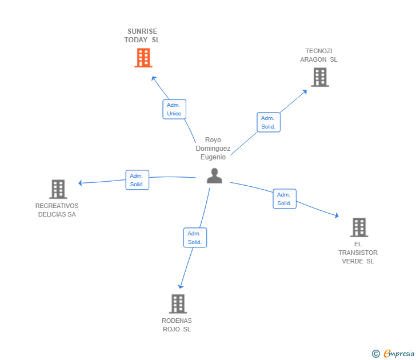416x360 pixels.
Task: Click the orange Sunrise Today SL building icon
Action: tap(143, 57)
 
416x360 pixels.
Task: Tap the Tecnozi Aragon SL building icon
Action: tap(320, 77)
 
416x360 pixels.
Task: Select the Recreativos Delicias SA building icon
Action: tap(58, 189)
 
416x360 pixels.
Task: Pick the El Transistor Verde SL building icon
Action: tap(359, 227)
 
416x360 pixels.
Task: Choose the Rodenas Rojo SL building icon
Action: tap(178, 303)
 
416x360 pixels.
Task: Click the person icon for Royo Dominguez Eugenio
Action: tap(214, 176)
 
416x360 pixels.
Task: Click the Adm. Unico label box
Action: tap(174, 109)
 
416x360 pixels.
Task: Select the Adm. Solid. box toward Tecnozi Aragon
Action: tap(269, 122)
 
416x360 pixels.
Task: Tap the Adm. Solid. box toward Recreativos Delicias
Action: tap(137, 180)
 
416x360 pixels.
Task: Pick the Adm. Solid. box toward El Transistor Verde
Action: tap(285, 199)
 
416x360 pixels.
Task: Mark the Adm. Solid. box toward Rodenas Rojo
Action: tap(195, 238)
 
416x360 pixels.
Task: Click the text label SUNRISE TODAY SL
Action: tap(142, 35)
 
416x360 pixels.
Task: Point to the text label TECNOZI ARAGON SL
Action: tap(319, 55)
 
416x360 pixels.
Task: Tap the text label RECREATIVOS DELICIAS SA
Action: tap(57, 210)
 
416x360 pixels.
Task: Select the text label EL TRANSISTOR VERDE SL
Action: tap(358, 253)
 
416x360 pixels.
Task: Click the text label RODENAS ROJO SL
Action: tap(177, 325)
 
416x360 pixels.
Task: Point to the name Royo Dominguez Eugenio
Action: tap(213, 149)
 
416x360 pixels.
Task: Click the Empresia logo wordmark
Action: tap(399, 354)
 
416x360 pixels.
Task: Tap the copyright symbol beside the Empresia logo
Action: tap(376, 354)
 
